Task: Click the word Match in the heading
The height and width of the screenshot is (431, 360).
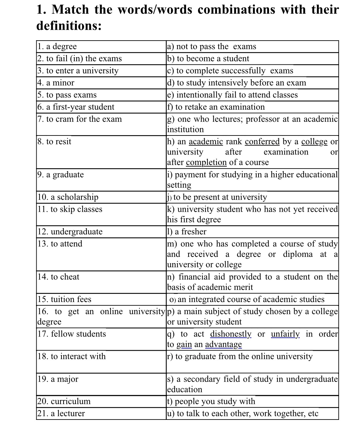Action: pos(70,9)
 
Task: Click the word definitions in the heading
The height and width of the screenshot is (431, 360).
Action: pos(68,26)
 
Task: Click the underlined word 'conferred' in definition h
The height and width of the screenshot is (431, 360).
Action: pos(262,142)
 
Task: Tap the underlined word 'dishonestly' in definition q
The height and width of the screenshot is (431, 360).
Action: pos(231,334)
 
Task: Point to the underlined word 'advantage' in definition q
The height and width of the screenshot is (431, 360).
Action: pos(223,345)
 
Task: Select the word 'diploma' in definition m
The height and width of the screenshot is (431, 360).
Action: pos(297,254)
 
